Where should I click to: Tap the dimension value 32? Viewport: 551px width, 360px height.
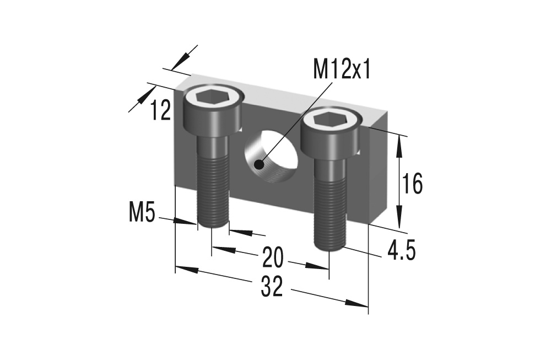point(272,287)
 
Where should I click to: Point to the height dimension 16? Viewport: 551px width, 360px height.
point(412,184)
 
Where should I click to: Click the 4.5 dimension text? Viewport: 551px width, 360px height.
point(401,251)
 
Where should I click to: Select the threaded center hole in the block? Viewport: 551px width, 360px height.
point(272,156)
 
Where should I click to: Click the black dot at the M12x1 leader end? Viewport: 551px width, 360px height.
point(259,164)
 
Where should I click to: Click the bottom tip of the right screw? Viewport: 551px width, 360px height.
point(330,248)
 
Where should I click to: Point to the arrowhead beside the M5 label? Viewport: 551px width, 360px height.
point(187,222)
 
